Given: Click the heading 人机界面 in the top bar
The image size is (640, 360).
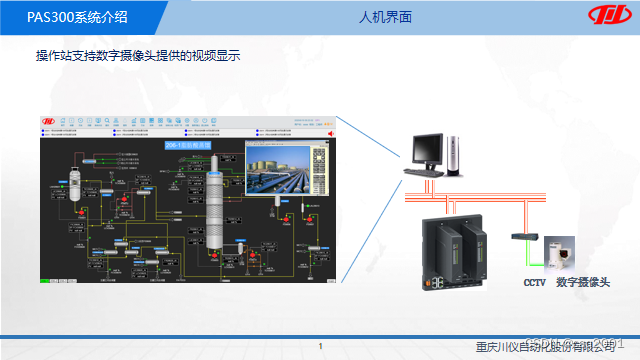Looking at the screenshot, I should pyautogui.click(x=386, y=18).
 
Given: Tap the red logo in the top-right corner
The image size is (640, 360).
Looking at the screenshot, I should pyautogui.click(x=605, y=18).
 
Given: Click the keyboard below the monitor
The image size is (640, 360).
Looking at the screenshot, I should pyautogui.click(x=419, y=173).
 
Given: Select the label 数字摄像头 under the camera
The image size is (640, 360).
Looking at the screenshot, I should pyautogui.click(x=582, y=283).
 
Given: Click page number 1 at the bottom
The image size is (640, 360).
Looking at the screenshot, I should pyautogui.click(x=320, y=347).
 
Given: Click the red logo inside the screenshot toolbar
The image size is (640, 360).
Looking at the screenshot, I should pyautogui.click(x=47, y=122).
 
